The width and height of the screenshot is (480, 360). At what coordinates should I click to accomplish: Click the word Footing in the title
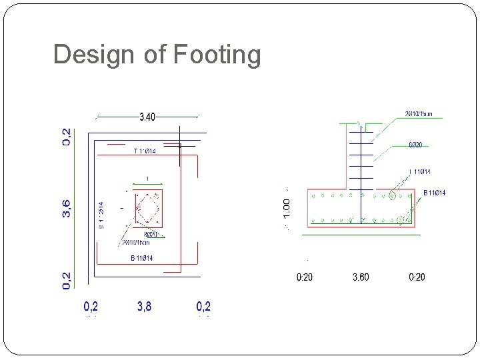click(217, 55)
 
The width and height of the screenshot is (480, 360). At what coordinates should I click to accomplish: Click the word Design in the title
click(95, 55)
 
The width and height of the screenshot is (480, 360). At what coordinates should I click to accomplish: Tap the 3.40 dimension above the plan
click(147, 117)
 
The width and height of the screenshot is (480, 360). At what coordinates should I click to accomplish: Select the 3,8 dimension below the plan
click(144, 307)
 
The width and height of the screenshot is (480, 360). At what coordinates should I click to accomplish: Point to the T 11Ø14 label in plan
click(145, 151)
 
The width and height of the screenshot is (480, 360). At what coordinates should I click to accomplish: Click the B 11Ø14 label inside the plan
click(141, 258)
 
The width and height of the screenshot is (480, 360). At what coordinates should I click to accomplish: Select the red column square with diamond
click(148, 208)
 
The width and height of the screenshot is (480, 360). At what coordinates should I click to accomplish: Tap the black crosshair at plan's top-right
click(179, 145)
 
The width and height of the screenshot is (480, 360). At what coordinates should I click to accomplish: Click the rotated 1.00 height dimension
click(287, 207)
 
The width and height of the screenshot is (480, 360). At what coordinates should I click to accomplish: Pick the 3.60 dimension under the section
click(361, 277)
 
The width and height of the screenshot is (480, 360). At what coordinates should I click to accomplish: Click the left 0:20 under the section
click(304, 277)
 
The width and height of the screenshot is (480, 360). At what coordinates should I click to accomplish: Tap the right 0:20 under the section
click(416, 277)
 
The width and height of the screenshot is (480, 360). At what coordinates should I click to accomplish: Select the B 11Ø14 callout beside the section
click(434, 193)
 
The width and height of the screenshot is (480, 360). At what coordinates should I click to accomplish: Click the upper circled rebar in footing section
click(392, 196)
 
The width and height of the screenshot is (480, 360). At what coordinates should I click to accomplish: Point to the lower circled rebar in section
click(401, 219)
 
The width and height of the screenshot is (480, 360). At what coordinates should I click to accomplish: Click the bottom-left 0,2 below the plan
click(91, 307)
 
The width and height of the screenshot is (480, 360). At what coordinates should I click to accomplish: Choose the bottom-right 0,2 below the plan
click(203, 307)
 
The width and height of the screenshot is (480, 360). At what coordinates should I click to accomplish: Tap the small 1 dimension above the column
click(147, 178)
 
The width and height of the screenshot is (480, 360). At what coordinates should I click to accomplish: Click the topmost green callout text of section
click(418, 114)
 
